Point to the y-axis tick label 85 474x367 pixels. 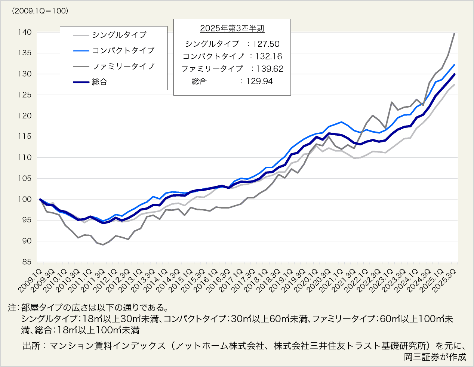click(x=26, y=262)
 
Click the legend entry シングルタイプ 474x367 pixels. click(x=119, y=35)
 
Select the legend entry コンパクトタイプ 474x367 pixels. click(x=123, y=50)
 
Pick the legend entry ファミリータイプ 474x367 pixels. click(x=123, y=66)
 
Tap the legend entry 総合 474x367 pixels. click(x=99, y=82)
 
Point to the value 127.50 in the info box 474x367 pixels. click(x=266, y=44)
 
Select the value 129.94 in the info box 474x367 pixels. click(x=259, y=81)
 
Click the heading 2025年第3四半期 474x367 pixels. click(x=232, y=28)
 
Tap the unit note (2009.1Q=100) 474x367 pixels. click(x=40, y=11)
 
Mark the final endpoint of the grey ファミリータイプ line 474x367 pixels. click(x=454, y=34)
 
